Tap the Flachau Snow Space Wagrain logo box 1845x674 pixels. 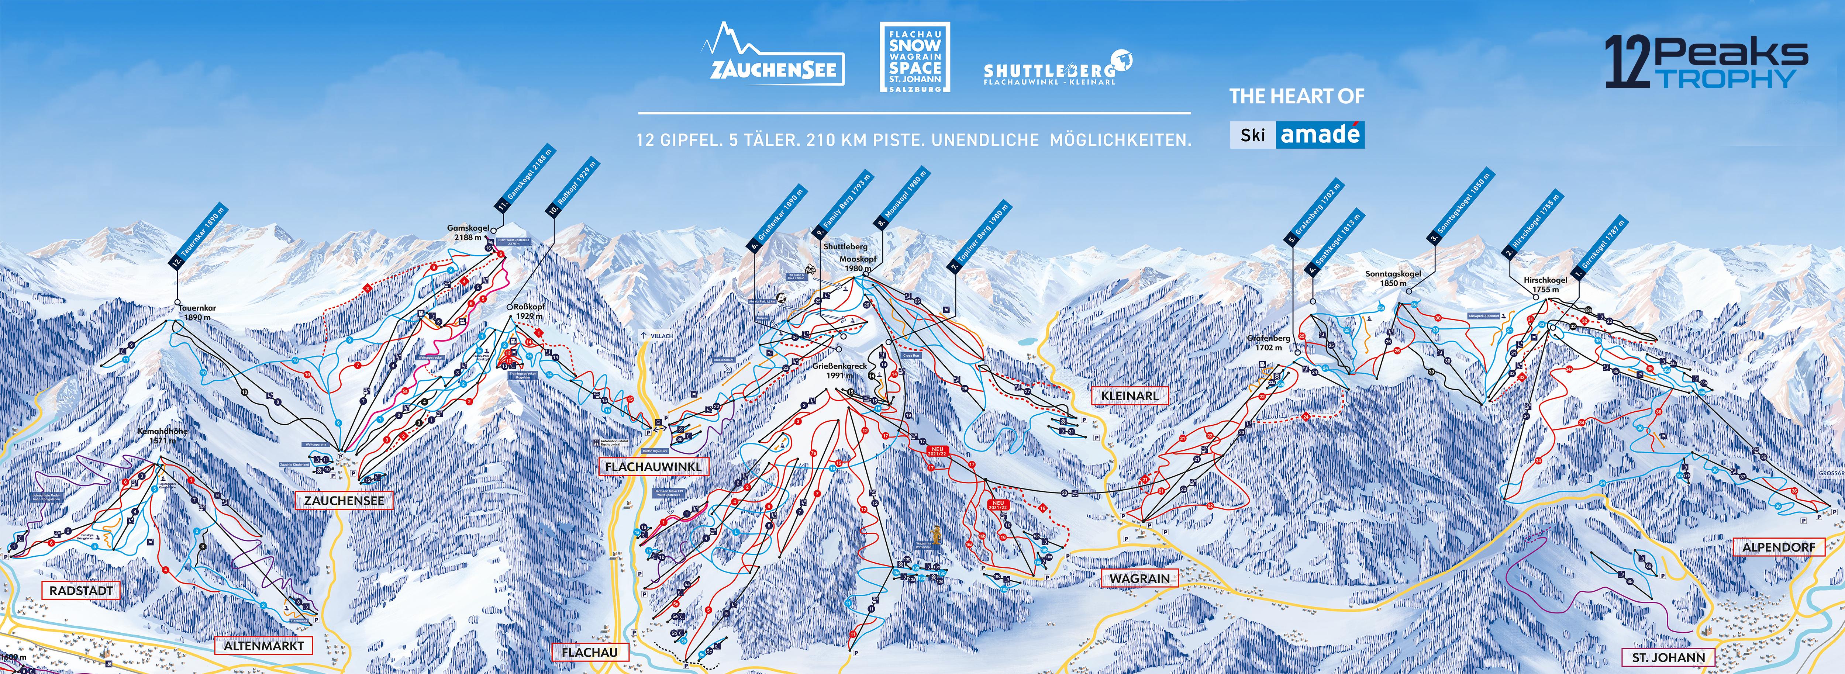pos(915,56)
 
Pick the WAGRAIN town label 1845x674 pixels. pos(1139,578)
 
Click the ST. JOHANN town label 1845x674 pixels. pos(1668,657)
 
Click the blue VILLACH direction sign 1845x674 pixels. pos(658,335)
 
